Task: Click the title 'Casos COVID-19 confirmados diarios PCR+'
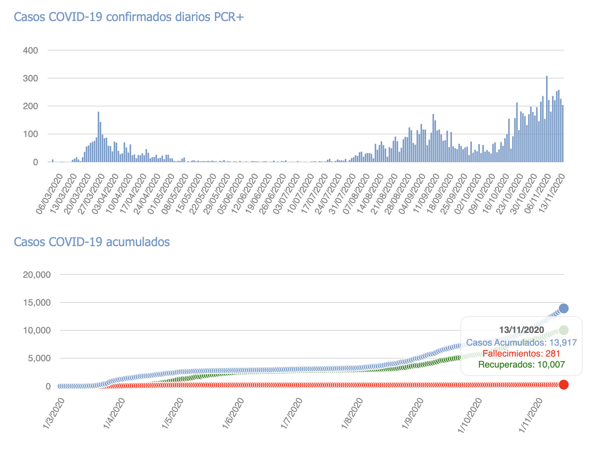129,17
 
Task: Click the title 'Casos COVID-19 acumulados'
92,242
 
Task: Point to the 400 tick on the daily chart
30,51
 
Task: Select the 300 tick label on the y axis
30,78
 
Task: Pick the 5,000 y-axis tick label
39,359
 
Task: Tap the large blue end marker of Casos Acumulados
563,309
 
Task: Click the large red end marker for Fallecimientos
563,384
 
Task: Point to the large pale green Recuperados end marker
563,330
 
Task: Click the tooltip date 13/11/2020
522,330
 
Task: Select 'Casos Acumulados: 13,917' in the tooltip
522,342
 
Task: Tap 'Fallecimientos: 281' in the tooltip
522,353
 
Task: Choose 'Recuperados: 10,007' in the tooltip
522,365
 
